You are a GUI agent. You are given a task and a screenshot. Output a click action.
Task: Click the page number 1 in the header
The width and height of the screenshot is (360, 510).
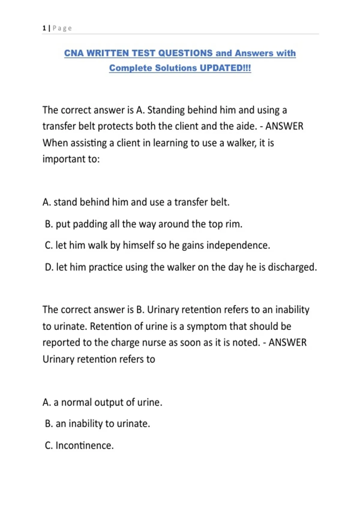(x=44, y=28)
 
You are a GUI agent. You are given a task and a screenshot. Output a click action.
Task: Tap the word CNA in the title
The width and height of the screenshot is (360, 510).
(x=73, y=53)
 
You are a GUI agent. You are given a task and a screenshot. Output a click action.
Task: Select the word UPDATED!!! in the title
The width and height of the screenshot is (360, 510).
(x=225, y=68)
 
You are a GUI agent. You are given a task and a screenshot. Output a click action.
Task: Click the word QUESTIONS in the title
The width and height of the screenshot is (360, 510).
(x=185, y=53)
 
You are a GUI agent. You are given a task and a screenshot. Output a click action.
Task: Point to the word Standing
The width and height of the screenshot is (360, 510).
(x=166, y=110)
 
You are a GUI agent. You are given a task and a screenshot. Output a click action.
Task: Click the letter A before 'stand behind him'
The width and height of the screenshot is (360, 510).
(x=46, y=202)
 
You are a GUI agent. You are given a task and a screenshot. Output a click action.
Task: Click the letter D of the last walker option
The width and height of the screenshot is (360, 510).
(x=49, y=267)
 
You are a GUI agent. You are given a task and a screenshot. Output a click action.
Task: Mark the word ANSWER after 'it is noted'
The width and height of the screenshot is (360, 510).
(x=287, y=343)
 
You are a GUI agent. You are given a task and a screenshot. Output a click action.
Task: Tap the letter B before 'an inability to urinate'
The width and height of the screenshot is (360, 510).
(x=48, y=424)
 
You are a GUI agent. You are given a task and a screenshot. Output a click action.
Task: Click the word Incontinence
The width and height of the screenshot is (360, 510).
(x=84, y=445)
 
